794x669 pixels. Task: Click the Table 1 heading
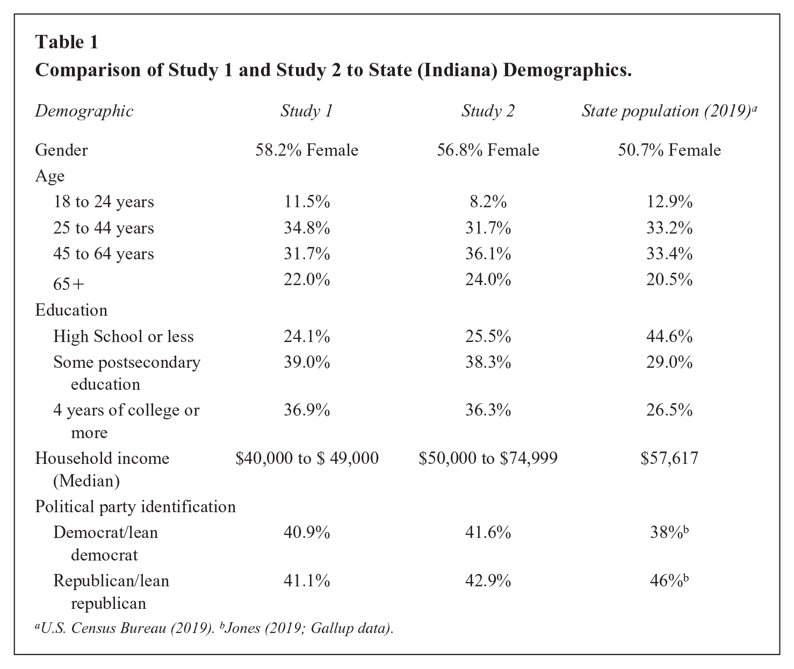tap(67, 42)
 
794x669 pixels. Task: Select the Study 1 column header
tap(307, 111)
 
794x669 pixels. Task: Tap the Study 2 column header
tap(488, 111)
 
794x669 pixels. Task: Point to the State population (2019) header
tap(669, 111)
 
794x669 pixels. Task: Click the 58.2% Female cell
tap(307, 150)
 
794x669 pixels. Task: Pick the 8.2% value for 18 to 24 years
tap(488, 202)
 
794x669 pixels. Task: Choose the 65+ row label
tap(68, 284)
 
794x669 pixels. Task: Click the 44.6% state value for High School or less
tap(669, 337)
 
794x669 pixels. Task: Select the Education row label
tap(71, 310)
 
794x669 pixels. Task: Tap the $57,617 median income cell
tap(669, 458)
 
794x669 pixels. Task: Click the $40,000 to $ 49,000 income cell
tap(307, 458)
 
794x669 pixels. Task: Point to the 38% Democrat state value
tap(669, 532)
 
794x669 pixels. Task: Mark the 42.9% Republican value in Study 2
tap(488, 581)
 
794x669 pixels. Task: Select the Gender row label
tap(61, 150)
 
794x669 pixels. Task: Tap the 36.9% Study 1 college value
tap(307, 410)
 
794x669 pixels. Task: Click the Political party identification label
tap(135, 507)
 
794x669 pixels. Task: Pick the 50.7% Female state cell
tap(669, 150)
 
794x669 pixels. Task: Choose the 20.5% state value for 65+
tap(669, 280)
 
